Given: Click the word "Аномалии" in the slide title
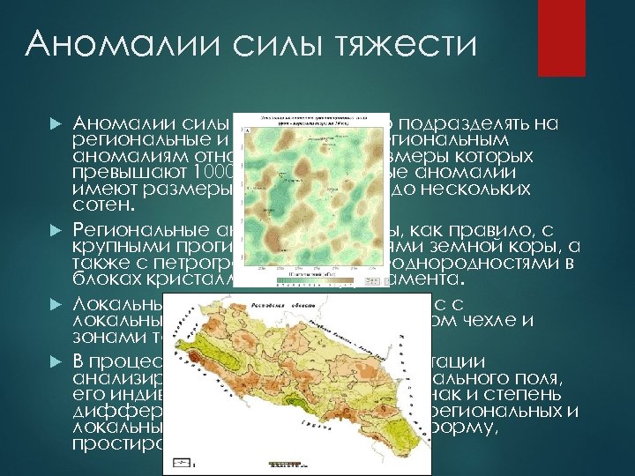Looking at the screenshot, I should coord(124,43).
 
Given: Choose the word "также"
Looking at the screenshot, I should coord(98,264).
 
